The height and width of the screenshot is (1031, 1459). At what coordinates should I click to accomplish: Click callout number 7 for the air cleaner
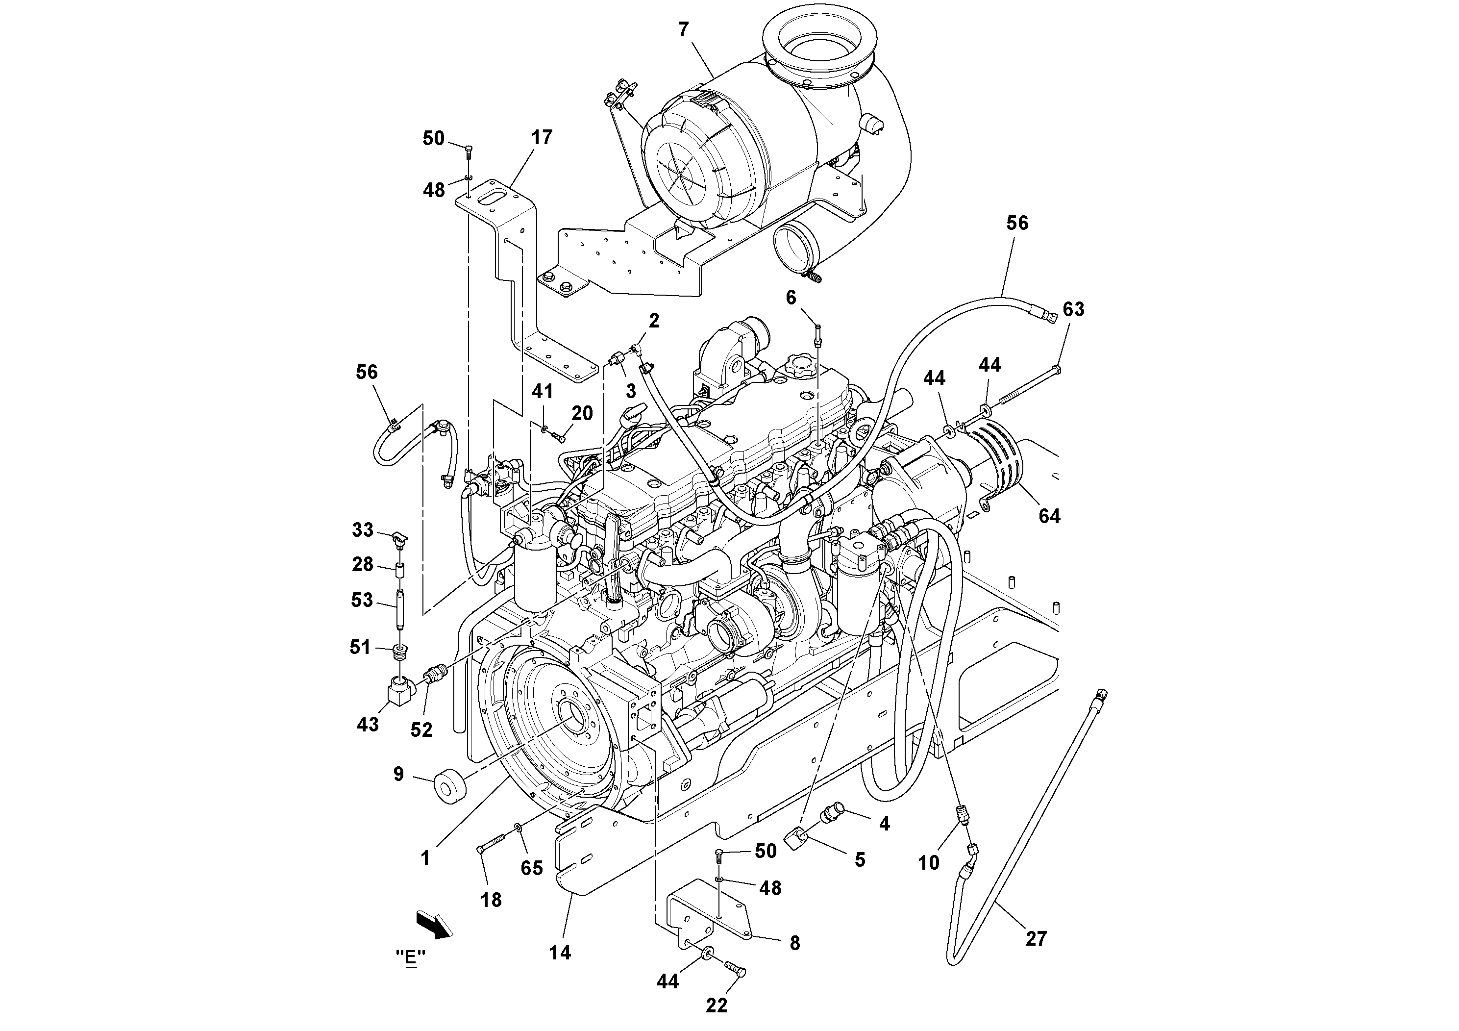[683, 29]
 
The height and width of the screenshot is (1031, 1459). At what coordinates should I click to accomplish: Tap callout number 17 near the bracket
[542, 137]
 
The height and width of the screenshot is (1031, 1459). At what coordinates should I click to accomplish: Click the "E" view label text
[411, 957]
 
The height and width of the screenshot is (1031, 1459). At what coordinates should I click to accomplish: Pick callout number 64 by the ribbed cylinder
[1049, 516]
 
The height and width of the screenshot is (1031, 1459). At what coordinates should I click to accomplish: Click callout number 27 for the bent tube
[1036, 938]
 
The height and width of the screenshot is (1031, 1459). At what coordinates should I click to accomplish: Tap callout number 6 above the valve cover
[791, 298]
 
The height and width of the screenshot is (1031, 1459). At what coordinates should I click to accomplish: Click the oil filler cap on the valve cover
[797, 366]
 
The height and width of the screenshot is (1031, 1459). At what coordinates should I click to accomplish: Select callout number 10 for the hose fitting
[928, 862]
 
